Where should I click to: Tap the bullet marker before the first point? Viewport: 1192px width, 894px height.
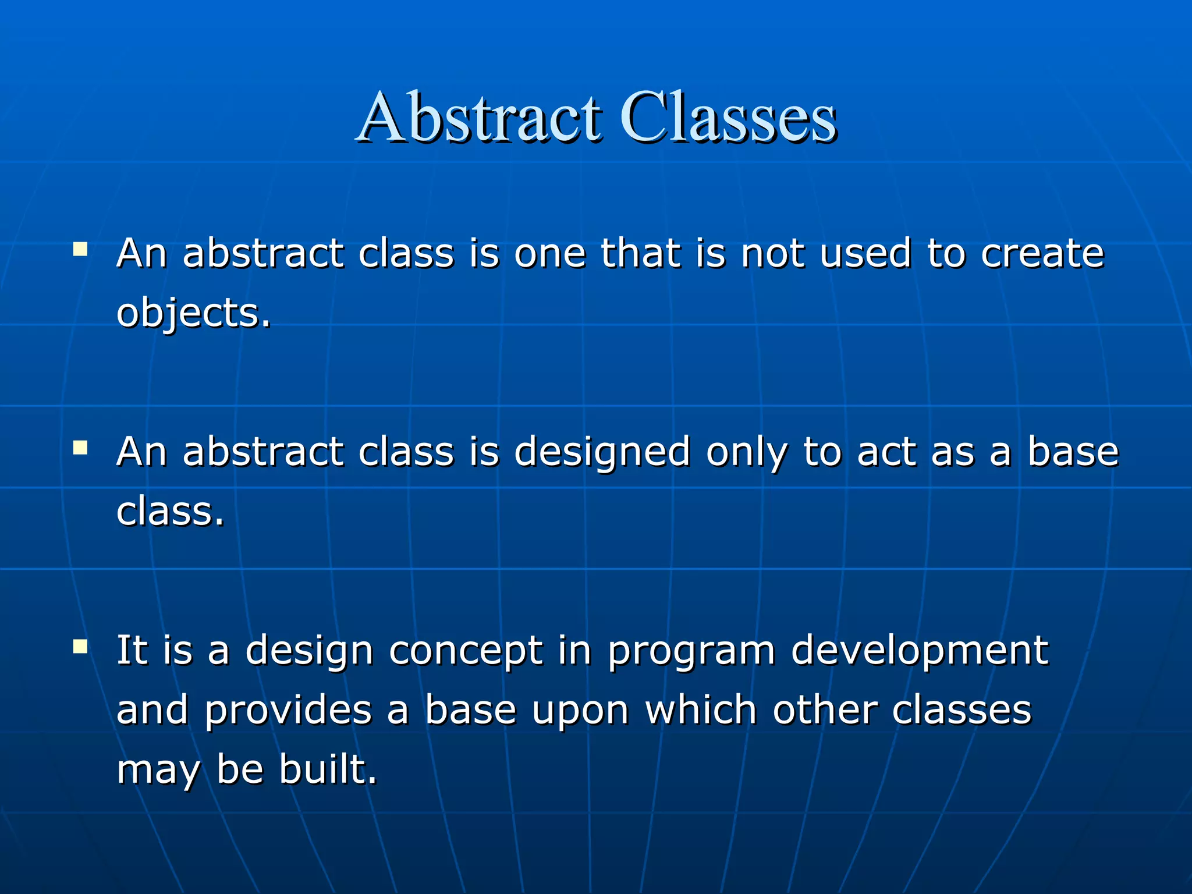point(80,250)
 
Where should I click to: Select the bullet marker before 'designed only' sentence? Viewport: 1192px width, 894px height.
point(80,448)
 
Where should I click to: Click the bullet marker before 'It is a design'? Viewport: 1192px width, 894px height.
point(80,647)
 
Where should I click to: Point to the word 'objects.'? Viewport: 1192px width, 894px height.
point(193,313)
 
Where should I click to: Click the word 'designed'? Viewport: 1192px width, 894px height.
point(602,453)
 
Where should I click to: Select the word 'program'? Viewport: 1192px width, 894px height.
point(691,651)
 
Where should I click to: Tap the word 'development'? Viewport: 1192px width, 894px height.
point(920,650)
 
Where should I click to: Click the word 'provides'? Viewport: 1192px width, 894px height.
point(288,711)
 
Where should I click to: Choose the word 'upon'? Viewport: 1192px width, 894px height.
point(580,712)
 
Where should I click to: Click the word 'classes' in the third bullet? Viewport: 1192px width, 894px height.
point(962,711)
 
